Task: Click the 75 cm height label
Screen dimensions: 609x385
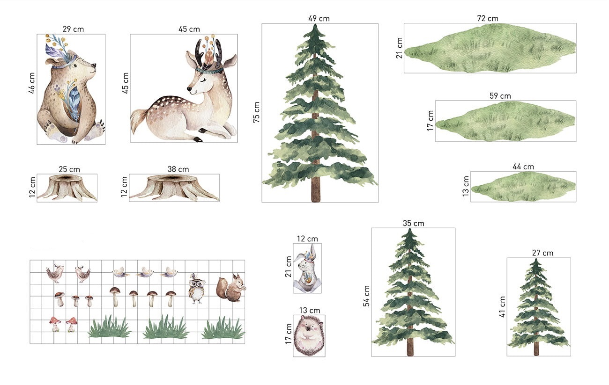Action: [256, 112]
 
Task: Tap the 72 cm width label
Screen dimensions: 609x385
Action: [488, 18]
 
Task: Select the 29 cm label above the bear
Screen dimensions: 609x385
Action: [73, 29]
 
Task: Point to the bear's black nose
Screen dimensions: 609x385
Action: [94, 65]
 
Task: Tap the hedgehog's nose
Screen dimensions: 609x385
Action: [308, 328]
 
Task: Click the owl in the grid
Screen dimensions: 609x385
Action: [195, 288]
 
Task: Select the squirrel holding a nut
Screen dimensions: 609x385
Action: [230, 288]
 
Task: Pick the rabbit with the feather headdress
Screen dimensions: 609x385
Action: [307, 268]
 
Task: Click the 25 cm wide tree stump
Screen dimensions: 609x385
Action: [67, 188]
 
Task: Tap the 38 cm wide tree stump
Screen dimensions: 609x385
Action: [174, 188]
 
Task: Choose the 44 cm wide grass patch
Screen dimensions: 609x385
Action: [523, 187]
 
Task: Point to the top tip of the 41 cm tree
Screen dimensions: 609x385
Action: [536, 259]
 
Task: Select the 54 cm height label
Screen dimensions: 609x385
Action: [366, 296]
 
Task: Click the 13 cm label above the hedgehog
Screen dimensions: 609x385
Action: [310, 310]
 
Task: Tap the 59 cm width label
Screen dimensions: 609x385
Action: [500, 96]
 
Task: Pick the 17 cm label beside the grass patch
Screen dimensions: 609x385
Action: [431, 121]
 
